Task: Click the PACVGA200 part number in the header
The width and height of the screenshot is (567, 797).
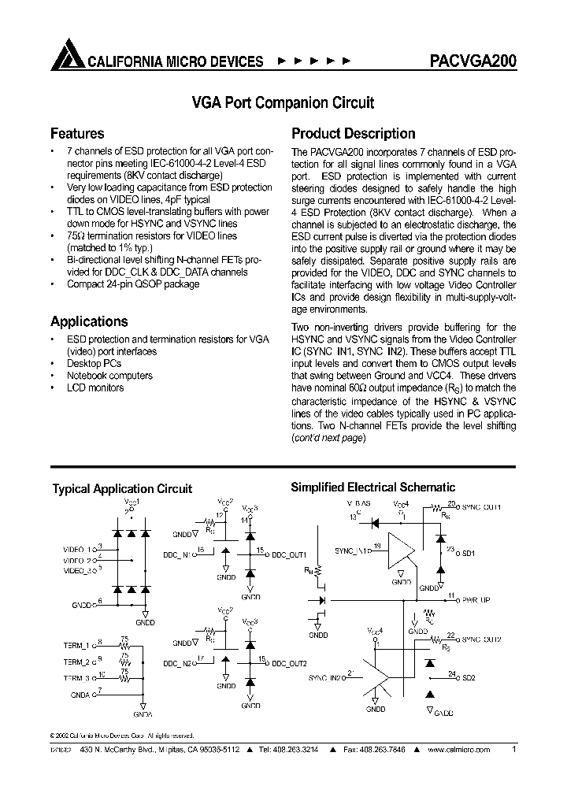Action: tap(473, 61)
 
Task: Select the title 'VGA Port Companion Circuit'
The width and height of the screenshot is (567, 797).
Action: tap(283, 102)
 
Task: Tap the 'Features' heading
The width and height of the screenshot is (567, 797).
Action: tap(77, 134)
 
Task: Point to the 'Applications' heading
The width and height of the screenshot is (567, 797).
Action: tap(89, 321)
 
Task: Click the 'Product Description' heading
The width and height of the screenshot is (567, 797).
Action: tap(354, 134)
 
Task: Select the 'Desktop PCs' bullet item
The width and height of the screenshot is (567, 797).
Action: tap(94, 364)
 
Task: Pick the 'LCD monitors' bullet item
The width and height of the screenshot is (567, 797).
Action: tap(95, 387)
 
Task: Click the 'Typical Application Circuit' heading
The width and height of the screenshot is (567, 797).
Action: tap(122, 489)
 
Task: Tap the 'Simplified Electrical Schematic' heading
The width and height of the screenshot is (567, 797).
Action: tap(373, 487)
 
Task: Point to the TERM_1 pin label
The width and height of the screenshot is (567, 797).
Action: tap(78, 645)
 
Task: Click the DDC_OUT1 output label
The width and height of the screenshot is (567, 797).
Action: tap(289, 554)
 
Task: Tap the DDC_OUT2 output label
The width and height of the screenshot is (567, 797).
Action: tap(289, 664)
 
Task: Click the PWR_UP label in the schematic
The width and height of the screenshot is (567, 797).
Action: tap(476, 600)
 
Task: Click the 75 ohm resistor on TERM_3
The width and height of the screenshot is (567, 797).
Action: tap(124, 677)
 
